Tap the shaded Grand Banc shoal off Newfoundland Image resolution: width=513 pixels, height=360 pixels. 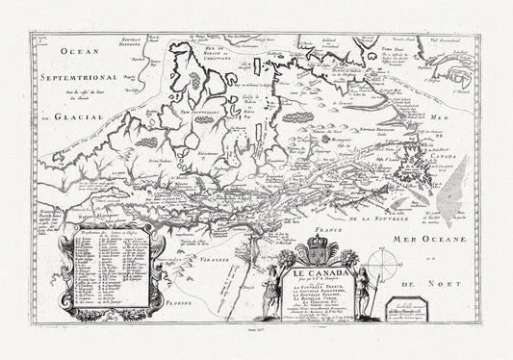coord(428,193)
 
